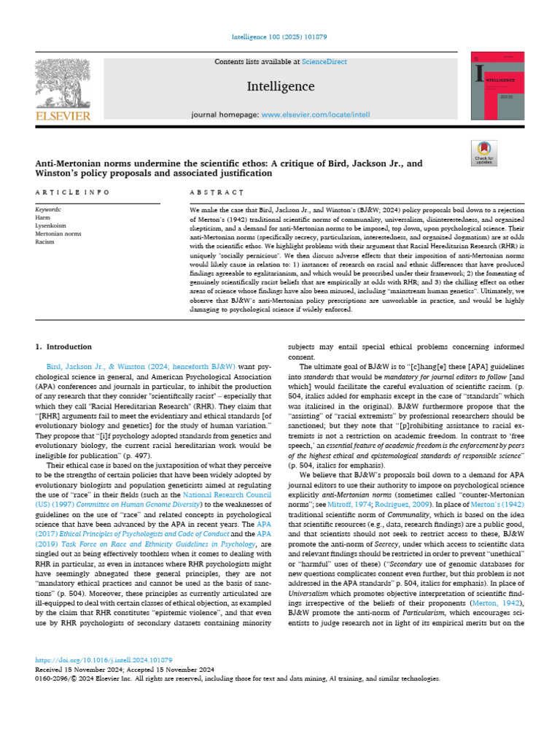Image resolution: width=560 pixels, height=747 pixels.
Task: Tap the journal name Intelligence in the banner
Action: [x=280, y=87]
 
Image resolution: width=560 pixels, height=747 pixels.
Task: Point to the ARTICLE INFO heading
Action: [x=72, y=193]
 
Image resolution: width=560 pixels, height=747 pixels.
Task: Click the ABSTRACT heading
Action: [x=217, y=193]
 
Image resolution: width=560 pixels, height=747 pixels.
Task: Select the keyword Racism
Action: [x=44, y=241]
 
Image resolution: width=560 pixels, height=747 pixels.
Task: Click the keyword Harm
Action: [x=42, y=217]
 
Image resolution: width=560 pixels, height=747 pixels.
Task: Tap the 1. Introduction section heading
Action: [x=64, y=347]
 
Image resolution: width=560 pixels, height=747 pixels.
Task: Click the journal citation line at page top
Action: [x=280, y=36]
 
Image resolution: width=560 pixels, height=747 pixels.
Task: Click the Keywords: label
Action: [x=48, y=209]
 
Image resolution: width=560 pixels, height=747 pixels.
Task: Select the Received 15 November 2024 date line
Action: [x=124, y=668]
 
